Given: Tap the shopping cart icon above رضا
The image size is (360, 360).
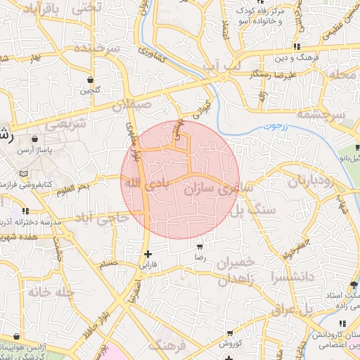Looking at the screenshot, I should [200, 247].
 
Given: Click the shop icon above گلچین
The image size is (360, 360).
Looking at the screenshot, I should [90, 79].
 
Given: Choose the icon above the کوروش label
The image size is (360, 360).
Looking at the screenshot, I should [230, 333].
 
